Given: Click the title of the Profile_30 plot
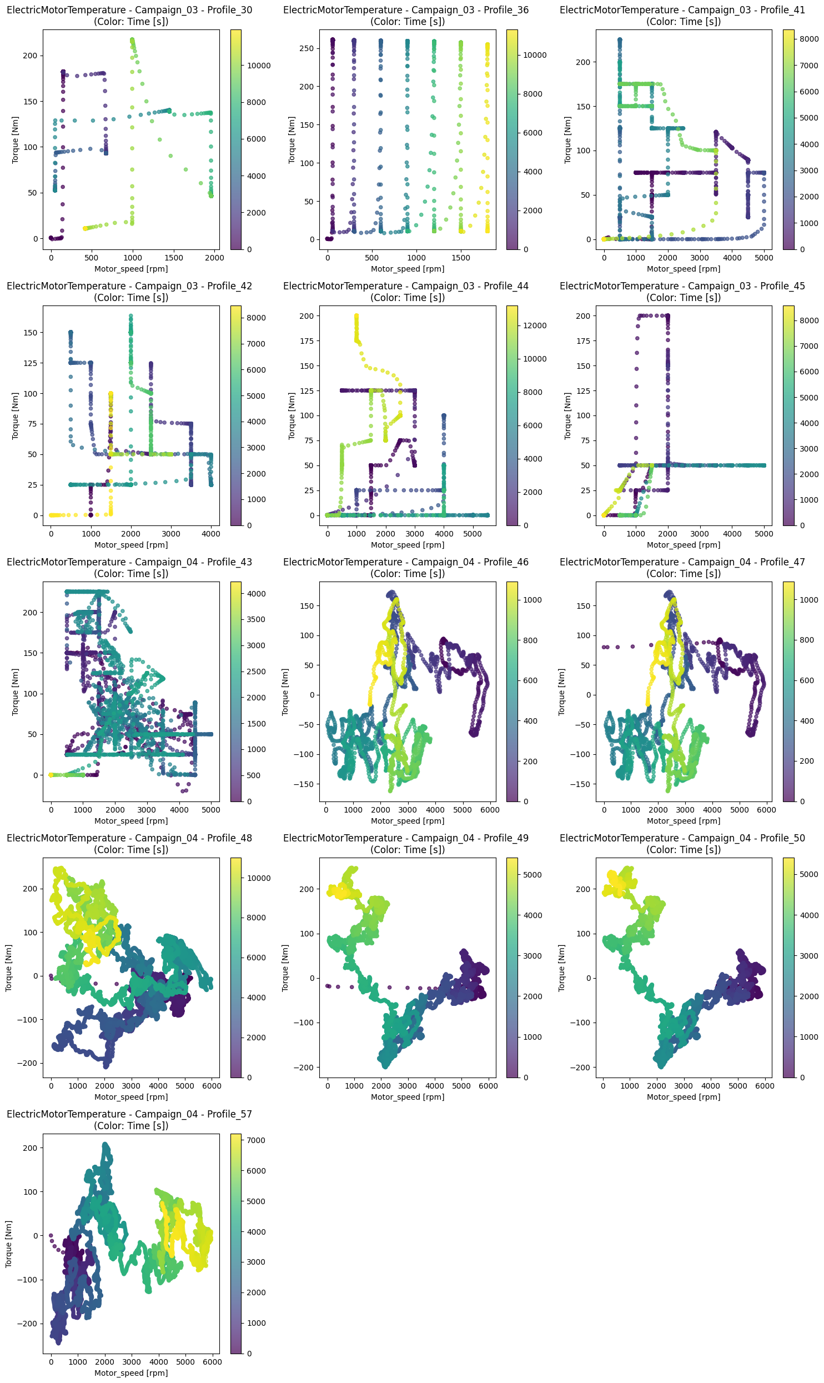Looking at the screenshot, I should point(129,16).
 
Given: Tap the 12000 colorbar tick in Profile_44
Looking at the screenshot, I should point(535,325).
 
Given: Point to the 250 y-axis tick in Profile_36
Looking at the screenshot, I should point(307,48).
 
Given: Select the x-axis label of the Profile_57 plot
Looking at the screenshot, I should point(131,1373).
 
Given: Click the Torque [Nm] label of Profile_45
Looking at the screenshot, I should point(567,415).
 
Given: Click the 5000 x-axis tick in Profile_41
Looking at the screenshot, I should point(764,258).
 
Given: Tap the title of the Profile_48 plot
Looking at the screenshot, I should point(129,844).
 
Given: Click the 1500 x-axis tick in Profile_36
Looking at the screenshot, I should point(461,258).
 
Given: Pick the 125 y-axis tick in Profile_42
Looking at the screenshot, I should point(31,363).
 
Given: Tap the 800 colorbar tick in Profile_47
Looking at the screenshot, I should point(807,640).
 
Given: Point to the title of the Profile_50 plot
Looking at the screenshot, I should point(682,844).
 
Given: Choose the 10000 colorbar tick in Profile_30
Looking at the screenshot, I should point(259,66).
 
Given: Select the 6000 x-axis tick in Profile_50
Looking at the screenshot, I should point(765,1086).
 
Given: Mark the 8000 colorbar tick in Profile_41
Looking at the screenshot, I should point(809,39).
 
